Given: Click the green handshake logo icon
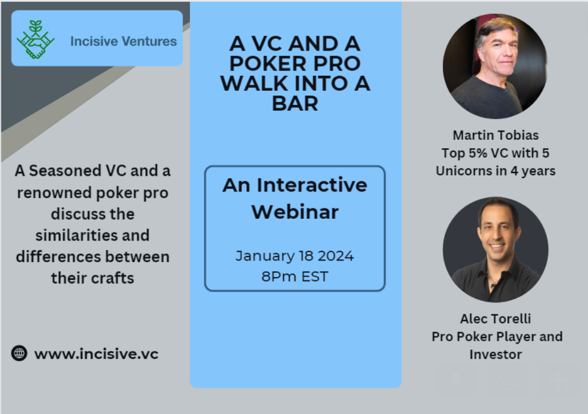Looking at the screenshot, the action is (x=36, y=40).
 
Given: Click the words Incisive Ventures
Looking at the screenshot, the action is (x=123, y=41).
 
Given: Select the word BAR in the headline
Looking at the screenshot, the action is (x=295, y=103).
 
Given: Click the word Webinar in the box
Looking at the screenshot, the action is (x=295, y=212).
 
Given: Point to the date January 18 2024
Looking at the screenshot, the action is (x=295, y=256).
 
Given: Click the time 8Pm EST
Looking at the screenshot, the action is (x=295, y=277).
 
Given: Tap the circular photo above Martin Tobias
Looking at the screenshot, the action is (x=495, y=66).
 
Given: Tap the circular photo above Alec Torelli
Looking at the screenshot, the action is (x=496, y=250).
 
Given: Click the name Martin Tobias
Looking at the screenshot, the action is (x=496, y=135).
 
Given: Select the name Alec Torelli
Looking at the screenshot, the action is (x=496, y=319).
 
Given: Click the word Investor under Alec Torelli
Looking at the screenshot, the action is (x=496, y=354).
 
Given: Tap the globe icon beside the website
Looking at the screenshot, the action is (x=19, y=353).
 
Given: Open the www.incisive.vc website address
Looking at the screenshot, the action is (x=96, y=354).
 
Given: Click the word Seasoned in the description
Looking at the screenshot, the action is (x=65, y=171).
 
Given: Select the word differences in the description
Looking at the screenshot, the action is (x=53, y=257).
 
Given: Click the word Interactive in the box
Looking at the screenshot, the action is (x=312, y=185).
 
